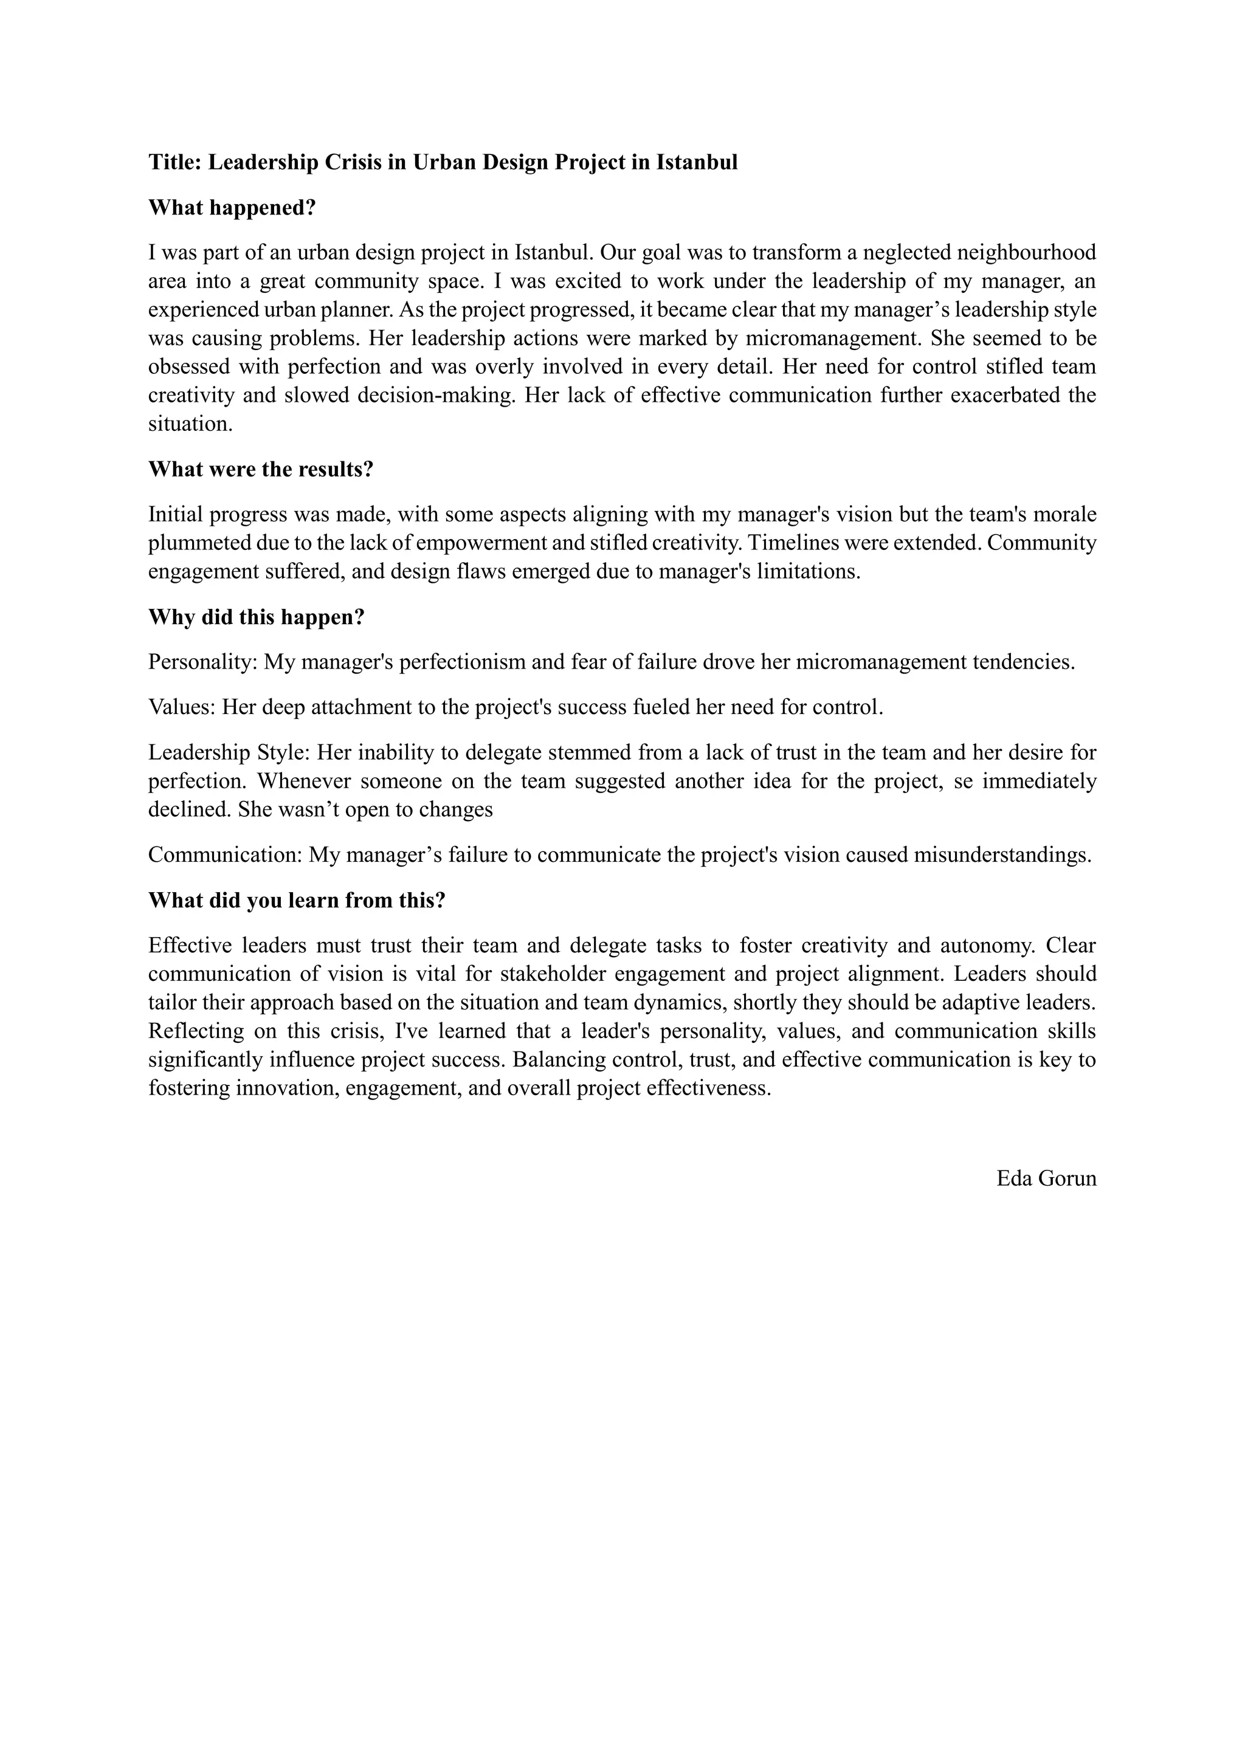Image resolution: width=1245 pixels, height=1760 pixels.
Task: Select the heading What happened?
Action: pos(232,208)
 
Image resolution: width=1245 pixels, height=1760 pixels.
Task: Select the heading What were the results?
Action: pos(261,469)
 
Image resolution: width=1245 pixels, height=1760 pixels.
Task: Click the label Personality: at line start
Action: pos(202,662)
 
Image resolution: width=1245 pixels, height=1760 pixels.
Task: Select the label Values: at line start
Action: pos(182,707)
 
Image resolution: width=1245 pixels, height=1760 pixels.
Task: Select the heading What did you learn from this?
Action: pos(297,900)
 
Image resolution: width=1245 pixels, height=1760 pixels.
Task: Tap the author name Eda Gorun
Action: pos(1046,1178)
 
